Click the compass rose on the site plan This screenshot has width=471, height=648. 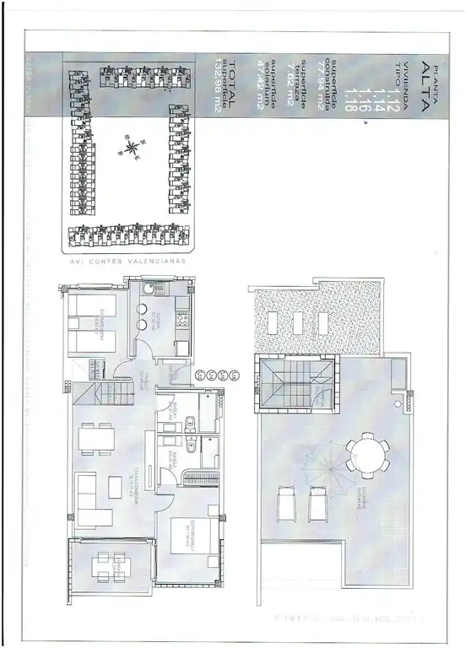[x=132, y=149]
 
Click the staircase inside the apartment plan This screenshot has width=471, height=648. [x=107, y=391]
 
